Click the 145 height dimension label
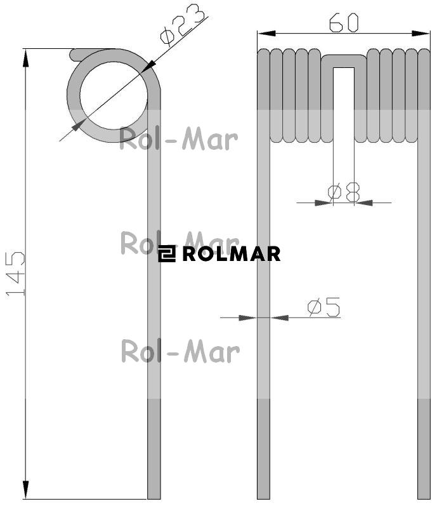pos(15,274)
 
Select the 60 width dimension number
pos(344,23)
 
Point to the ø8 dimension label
pos(343,192)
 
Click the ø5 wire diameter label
pos(324,307)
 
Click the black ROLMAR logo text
pos(232,253)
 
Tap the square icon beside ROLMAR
pos(167,253)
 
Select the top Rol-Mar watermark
pos(178,139)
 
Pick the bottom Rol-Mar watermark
pos(180,351)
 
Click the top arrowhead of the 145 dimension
pos(25,58)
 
